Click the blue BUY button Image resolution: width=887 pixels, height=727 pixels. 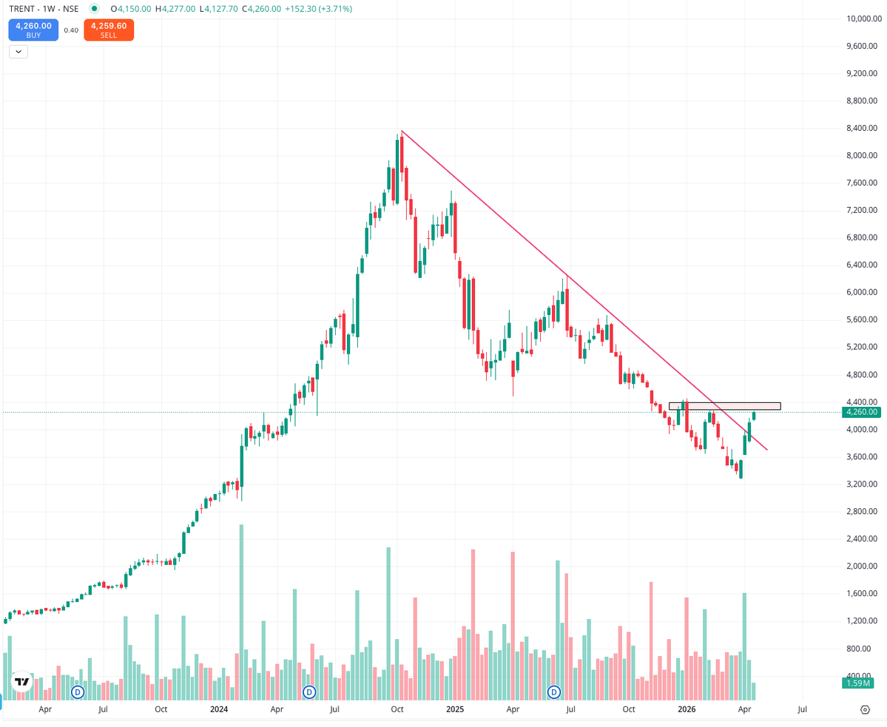(33, 30)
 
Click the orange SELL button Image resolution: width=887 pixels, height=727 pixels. (109, 30)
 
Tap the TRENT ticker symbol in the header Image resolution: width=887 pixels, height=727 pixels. (23, 9)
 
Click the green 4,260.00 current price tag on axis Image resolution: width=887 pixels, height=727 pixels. (860, 412)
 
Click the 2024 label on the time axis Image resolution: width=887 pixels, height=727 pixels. (219, 709)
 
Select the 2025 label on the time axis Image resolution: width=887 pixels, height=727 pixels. (454, 709)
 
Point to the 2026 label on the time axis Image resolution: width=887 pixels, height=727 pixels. (687, 709)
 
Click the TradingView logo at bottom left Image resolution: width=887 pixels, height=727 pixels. (22, 681)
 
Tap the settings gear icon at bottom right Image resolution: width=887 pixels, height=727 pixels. (865, 710)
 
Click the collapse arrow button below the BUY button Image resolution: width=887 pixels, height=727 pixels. (18, 52)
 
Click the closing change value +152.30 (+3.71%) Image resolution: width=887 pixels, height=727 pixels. (318, 9)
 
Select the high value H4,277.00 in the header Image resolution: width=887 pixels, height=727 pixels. (175, 9)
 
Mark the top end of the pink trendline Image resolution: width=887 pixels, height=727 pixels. (401, 131)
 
